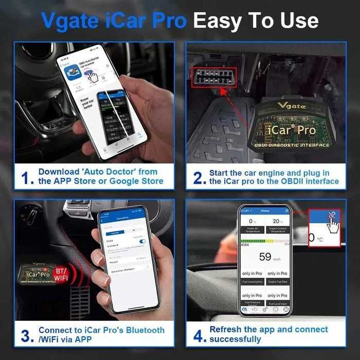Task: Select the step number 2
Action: point(199,177)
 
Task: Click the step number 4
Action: point(199,335)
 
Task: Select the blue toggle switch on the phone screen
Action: point(142,241)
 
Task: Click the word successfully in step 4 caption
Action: point(235,339)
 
